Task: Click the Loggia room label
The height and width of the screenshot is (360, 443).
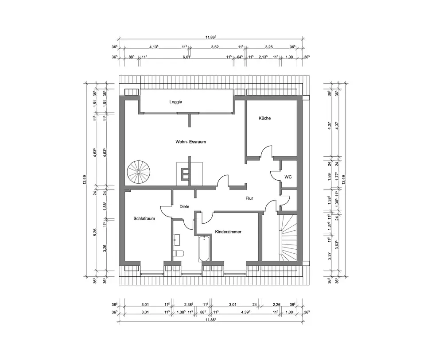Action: click(176, 101)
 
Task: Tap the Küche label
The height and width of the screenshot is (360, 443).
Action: click(264, 118)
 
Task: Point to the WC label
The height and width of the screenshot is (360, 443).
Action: click(288, 177)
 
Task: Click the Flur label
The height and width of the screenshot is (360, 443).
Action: click(249, 198)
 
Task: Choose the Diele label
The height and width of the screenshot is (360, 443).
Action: click(184, 206)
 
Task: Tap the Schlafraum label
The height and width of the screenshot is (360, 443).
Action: click(144, 218)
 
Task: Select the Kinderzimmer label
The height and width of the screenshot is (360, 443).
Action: click(228, 232)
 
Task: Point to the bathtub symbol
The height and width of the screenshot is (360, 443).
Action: click(204, 249)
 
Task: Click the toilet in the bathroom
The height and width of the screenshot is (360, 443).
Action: click(178, 254)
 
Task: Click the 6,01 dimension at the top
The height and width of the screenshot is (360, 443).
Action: click(187, 57)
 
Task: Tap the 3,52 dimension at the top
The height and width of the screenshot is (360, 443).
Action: click(215, 46)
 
